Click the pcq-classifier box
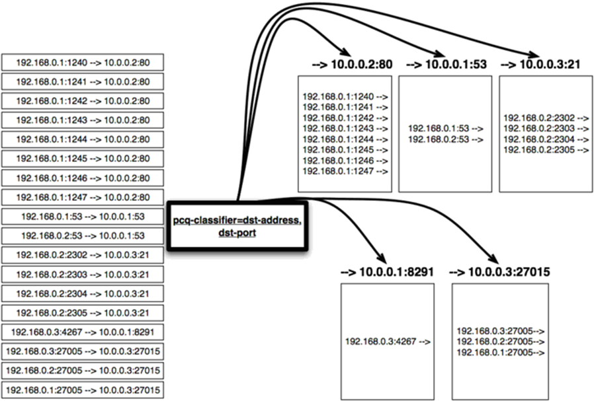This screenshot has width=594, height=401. [237, 226]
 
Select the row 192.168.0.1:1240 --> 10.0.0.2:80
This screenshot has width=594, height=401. [83, 62]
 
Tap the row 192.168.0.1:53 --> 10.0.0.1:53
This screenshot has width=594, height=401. [83, 217]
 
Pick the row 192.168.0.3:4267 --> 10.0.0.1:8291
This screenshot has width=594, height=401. [83, 332]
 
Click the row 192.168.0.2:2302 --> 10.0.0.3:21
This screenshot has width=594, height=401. [83, 255]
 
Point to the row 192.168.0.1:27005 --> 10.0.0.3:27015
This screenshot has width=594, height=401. [83, 390]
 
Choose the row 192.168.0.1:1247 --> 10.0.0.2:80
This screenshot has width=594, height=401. [83, 197]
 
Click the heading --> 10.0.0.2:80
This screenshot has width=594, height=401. [352, 64]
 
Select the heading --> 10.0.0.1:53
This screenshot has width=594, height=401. [446, 64]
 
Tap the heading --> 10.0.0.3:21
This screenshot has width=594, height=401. [540, 64]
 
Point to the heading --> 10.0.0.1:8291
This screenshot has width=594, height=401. [387, 272]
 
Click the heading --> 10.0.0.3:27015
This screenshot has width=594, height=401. [499, 272]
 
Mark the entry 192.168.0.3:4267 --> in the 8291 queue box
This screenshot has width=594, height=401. [388, 342]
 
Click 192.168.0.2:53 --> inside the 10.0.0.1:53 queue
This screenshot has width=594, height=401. [446, 139]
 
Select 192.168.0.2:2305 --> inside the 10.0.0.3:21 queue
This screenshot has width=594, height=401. [546, 150]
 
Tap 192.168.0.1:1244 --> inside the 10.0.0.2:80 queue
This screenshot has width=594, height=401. [345, 139]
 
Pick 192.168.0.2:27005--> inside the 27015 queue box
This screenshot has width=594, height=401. [501, 342]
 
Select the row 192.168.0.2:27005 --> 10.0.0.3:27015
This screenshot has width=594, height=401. [83, 371]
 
